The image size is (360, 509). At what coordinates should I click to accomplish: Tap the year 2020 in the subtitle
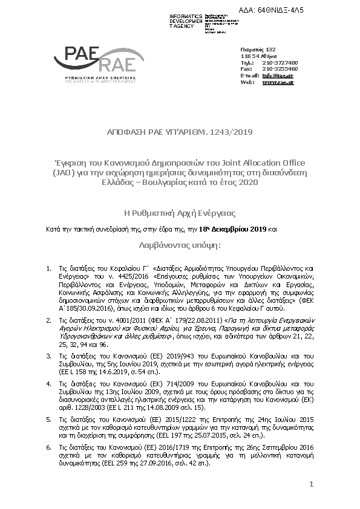tap(246, 182)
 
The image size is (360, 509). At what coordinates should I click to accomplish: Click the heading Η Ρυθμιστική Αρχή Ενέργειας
tap(180, 213)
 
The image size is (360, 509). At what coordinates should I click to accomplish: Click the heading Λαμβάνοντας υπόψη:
tap(180, 246)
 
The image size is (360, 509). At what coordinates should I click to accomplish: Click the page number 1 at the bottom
tap(311, 484)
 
